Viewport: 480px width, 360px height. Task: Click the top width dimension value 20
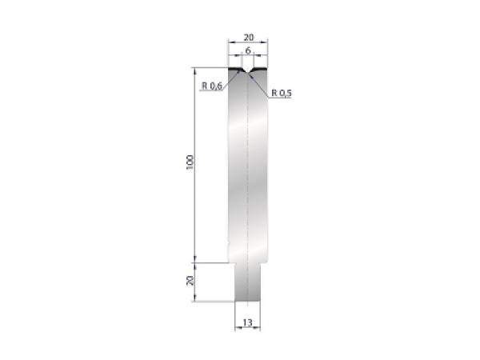coord(248,37)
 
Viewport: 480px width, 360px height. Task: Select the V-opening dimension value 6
coord(248,50)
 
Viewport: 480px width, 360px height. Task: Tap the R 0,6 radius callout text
coord(212,86)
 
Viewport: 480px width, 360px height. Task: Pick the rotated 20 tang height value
coord(189,281)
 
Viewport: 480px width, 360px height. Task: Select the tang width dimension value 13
coord(248,322)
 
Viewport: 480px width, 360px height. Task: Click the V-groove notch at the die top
coord(248,74)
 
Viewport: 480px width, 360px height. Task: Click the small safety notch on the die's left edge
coord(229,244)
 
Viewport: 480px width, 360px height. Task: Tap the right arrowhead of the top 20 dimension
coord(266,43)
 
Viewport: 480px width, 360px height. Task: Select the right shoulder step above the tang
coord(265,262)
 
